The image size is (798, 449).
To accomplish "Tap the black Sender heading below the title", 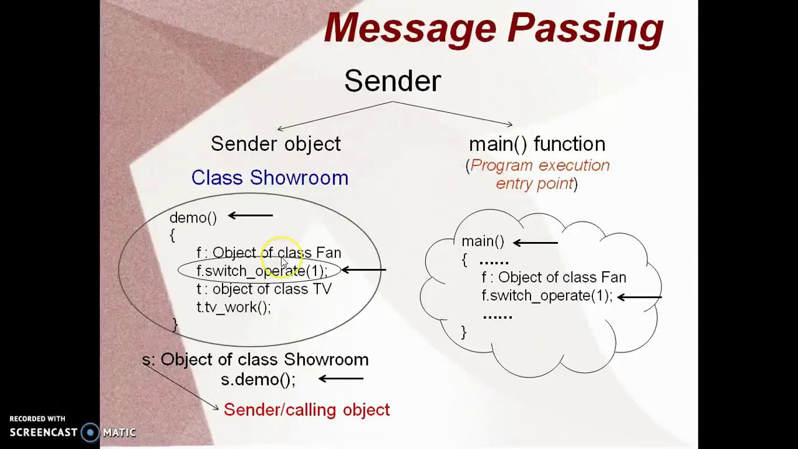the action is click(393, 81).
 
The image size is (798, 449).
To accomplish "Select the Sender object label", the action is click(276, 144).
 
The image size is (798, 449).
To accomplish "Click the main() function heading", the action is click(537, 144).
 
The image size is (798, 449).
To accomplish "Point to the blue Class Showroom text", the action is click(270, 178).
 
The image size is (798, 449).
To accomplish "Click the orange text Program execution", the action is click(540, 165).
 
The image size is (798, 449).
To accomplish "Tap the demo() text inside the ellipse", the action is click(193, 218).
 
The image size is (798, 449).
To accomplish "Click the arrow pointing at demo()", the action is click(251, 215).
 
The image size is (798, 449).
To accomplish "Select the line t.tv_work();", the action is click(234, 307).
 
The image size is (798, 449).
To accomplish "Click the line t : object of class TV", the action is click(264, 289).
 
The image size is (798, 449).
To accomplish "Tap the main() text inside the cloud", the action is click(483, 241).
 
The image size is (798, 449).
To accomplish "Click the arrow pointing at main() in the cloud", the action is click(536, 243).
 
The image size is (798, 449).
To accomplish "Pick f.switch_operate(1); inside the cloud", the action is click(547, 296).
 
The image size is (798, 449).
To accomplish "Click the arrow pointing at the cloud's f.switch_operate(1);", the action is click(640, 297).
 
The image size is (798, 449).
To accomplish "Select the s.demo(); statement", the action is click(258, 379).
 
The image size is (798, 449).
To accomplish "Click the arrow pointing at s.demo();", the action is click(341, 379).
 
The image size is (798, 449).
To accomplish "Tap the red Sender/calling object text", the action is click(307, 410).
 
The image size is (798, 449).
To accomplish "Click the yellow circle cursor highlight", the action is click(281, 256).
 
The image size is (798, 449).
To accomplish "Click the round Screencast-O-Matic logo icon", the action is click(90, 432).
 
